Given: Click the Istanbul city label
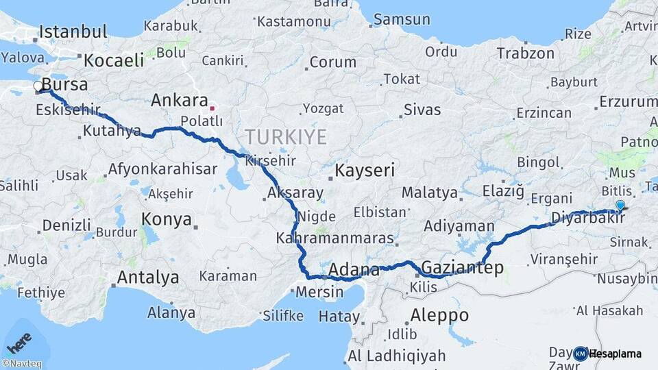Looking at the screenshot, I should (x=73, y=32).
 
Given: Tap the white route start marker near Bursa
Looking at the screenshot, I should (x=38, y=86).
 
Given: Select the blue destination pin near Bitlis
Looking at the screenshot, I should (x=620, y=205).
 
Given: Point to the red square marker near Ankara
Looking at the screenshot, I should (x=212, y=108).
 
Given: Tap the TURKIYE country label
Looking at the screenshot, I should (x=287, y=136).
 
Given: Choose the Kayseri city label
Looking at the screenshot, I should (x=365, y=170).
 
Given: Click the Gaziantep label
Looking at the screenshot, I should (x=463, y=267).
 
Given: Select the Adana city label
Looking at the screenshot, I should (x=354, y=269).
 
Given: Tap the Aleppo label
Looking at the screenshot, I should (x=439, y=315).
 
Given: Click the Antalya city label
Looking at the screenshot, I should (x=148, y=277).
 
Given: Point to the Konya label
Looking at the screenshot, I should (x=167, y=219).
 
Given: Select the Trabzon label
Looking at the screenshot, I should (x=525, y=53).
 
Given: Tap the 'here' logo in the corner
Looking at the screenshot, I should (x=19, y=341).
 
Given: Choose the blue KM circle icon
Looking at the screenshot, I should (x=581, y=354).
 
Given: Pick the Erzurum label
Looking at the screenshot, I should (x=628, y=102).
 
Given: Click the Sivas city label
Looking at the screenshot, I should (x=422, y=109).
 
